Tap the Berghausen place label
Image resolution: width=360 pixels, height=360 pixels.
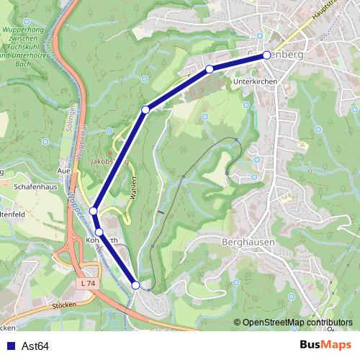pyautogui.click(x=249, y=243)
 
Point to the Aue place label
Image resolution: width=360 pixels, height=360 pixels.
pyautogui.click(x=63, y=171)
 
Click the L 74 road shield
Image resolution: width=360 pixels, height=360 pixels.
pyautogui.click(x=89, y=284)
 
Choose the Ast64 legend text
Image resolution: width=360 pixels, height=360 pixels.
pyautogui.click(x=35, y=346)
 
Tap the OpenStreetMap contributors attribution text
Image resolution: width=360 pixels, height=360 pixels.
pyautogui.click(x=297, y=323)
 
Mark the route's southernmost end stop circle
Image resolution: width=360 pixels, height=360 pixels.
pyautogui.click(x=136, y=286)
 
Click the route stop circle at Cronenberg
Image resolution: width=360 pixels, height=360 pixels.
pyautogui.click(x=266, y=55)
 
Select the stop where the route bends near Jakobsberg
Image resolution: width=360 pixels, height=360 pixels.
pyautogui.click(x=145, y=109)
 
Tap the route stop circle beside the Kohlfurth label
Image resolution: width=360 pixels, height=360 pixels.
pyautogui.click(x=99, y=232)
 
